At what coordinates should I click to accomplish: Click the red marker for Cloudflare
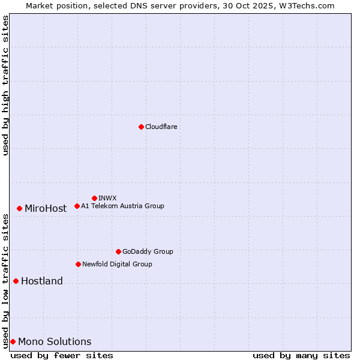coord(141,127)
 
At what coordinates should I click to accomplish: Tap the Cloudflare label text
coord(161,127)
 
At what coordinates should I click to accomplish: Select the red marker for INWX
coord(94,198)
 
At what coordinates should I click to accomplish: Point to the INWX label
coord(107,198)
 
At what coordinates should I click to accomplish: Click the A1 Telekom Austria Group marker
coord(77,206)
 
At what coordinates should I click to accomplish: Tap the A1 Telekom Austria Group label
coord(122,206)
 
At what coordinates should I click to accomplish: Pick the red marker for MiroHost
coord(19,208)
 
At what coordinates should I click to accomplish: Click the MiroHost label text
coord(46,209)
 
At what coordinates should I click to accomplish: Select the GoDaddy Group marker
coord(118,251)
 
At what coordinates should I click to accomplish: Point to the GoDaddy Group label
coord(148,251)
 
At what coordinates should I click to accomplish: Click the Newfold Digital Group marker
coord(78,264)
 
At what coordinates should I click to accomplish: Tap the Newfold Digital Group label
coord(117,264)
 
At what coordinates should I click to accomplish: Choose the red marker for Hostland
coord(16,281)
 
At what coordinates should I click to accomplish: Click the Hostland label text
coord(42,281)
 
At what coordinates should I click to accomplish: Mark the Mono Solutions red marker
coord(13,341)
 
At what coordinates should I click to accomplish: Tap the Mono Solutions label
coord(55,342)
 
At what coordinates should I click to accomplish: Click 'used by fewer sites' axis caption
coord(62,355)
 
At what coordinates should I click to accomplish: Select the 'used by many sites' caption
coord(301,355)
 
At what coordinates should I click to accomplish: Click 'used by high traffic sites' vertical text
coord(5,85)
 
